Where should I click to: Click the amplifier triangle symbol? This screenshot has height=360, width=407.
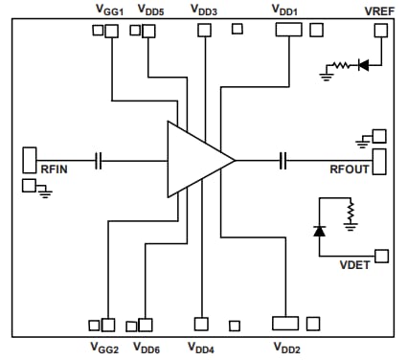(x=196, y=160)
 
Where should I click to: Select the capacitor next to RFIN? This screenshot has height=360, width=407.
(x=99, y=161)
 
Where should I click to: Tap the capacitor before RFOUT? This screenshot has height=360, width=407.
(x=283, y=160)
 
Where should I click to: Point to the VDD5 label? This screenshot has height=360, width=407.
(x=150, y=10)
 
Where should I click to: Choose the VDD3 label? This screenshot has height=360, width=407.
(x=203, y=10)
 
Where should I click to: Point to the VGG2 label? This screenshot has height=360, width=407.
(x=104, y=347)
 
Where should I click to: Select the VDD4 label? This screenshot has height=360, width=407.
(x=202, y=347)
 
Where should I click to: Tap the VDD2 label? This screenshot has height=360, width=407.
(x=287, y=347)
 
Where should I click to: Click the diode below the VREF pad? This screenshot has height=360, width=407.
(x=363, y=65)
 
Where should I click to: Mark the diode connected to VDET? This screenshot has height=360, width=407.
(x=319, y=230)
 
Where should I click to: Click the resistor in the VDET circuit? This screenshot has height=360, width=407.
(x=351, y=211)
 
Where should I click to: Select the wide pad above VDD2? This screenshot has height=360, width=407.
(x=287, y=324)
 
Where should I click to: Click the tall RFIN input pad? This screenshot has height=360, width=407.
(x=29, y=160)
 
